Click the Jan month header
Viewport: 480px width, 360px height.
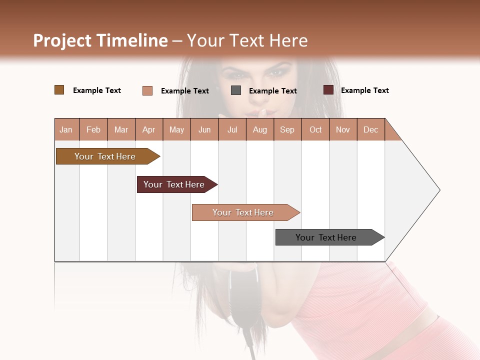(x=66, y=129)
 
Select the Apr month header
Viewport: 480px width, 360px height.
(x=149, y=129)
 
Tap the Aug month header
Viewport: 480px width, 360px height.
(x=260, y=129)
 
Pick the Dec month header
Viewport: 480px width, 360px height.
(x=371, y=129)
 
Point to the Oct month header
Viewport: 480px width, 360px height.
(x=315, y=129)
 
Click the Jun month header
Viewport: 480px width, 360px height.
(x=204, y=129)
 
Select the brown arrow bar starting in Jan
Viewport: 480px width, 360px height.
(x=105, y=156)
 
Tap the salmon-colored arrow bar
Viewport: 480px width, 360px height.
(x=243, y=212)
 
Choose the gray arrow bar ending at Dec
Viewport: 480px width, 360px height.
(x=326, y=237)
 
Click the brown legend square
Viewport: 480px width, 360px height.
(x=59, y=90)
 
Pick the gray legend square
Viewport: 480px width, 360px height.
(x=236, y=90)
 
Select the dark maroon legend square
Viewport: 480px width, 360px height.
(x=328, y=90)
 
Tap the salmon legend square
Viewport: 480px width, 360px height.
(x=147, y=90)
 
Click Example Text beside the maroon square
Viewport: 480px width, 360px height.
(x=364, y=90)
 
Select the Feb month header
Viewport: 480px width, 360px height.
(x=93, y=129)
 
